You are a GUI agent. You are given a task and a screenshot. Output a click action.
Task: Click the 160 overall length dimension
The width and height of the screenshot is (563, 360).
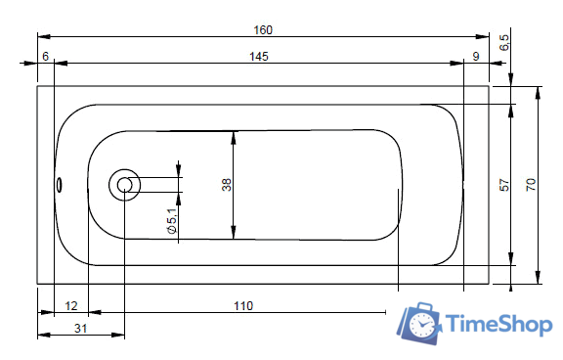click(263, 30)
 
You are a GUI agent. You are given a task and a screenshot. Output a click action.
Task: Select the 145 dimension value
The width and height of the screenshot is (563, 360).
click(259, 57)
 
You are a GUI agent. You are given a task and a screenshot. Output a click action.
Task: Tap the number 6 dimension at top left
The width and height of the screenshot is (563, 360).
click(46, 57)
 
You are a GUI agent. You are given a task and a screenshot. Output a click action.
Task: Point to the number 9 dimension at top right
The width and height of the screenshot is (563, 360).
click(476, 57)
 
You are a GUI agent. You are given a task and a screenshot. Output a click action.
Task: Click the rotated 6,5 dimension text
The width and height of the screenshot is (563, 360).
click(504, 42)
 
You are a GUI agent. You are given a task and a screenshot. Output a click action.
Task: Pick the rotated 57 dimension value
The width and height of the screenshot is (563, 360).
click(504, 185)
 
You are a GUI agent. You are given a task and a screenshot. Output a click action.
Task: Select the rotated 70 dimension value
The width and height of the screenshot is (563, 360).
click(531, 185)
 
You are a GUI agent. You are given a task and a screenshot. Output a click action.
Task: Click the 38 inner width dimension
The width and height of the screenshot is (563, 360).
click(227, 185)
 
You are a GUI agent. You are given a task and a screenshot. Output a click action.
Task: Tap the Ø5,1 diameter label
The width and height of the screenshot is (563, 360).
click(172, 221)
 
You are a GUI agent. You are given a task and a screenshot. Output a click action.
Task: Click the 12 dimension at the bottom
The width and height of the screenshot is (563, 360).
click(71, 306)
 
